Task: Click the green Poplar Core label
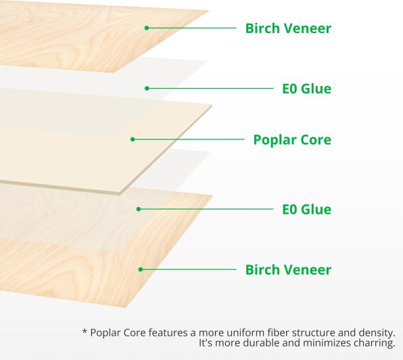(291, 140)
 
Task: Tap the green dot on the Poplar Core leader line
(133, 139)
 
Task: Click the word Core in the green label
(315, 140)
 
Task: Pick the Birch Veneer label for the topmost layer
(287, 28)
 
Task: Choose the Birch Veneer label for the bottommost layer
(287, 270)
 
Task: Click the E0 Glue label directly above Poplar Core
(306, 89)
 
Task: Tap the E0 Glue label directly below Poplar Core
(306, 209)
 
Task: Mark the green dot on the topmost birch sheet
(146, 28)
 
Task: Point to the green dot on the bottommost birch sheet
(141, 269)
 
